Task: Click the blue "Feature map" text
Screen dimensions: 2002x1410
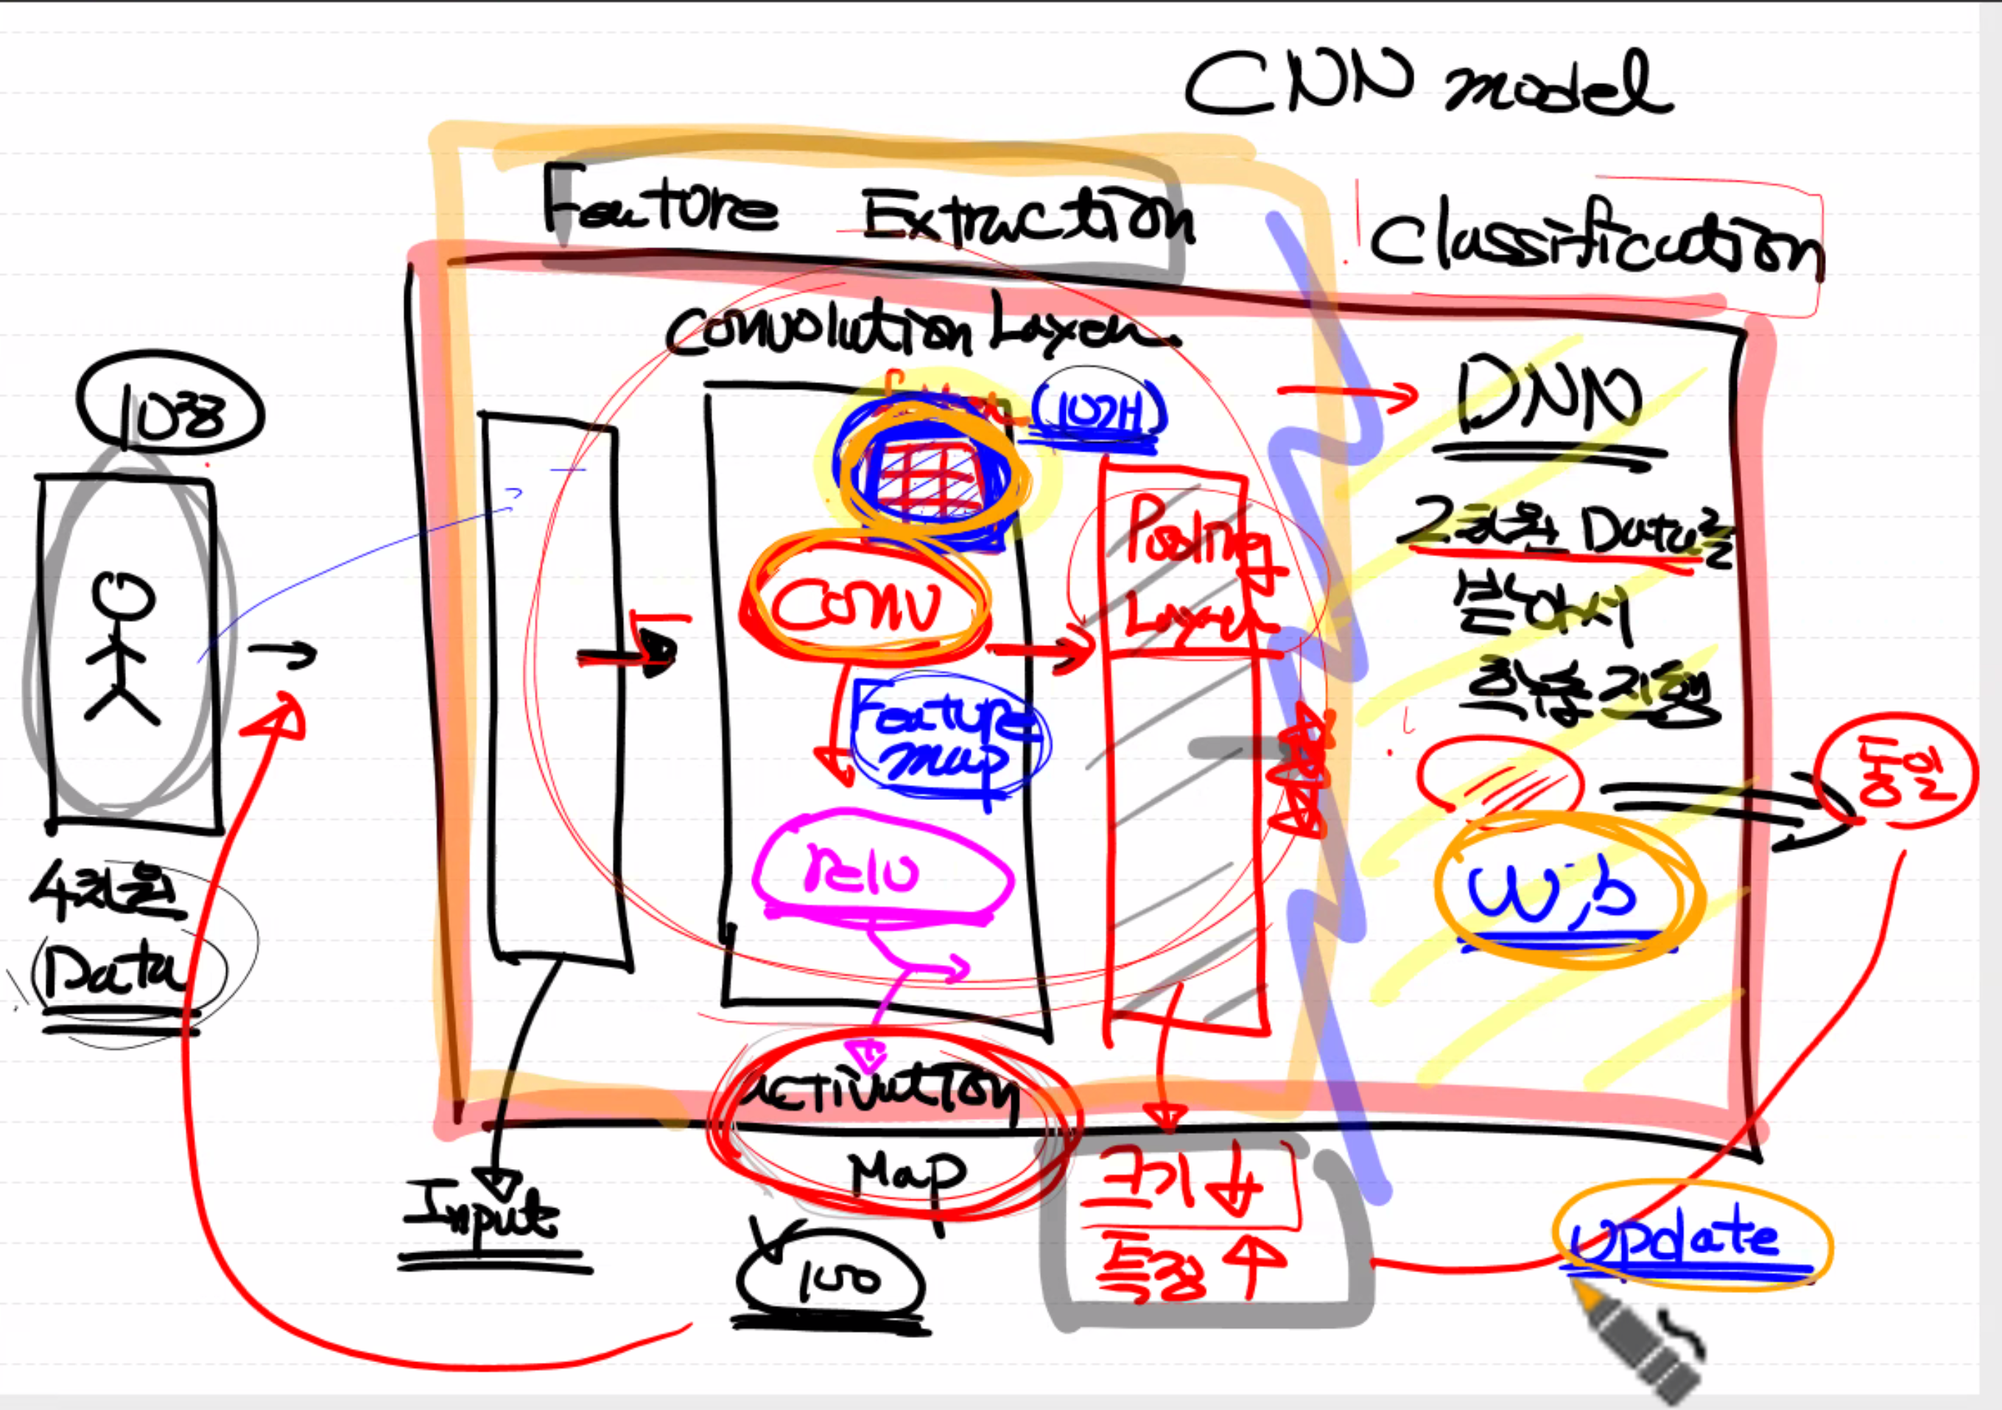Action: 946,737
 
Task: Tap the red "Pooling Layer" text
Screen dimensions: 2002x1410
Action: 1195,567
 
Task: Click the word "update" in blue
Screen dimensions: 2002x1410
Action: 1674,1238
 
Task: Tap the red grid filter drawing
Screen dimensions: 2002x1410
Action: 929,480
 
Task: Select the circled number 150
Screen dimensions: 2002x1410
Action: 833,1278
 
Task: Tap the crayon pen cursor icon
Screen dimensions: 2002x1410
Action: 1640,1343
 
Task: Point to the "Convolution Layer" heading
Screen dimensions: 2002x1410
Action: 916,332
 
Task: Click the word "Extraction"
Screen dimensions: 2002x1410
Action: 1029,218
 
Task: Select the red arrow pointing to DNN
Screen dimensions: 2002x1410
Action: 1347,397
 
